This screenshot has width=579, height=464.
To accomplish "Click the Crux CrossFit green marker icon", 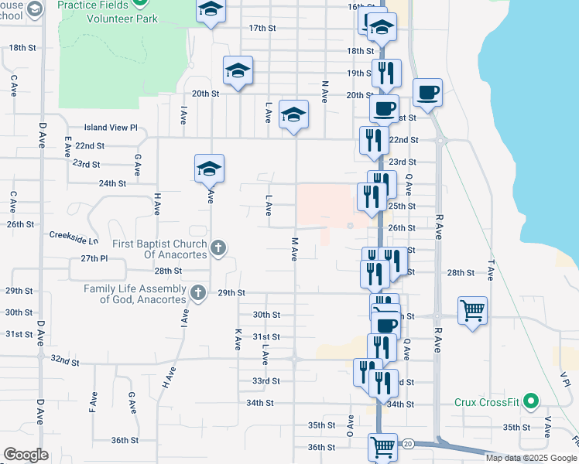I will click(x=530, y=401).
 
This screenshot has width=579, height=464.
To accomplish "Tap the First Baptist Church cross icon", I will click(x=218, y=248).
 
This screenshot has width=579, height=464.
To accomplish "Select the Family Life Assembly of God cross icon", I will click(x=198, y=293).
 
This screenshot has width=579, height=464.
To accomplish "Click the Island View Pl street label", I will click(x=111, y=128).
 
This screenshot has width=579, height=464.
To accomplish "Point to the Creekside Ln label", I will click(x=74, y=234).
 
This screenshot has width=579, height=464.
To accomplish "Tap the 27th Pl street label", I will click(x=92, y=258).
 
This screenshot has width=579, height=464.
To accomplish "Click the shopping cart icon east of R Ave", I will click(x=472, y=311).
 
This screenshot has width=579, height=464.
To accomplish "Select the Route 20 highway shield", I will click(x=408, y=443).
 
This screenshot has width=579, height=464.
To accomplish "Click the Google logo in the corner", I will click(x=26, y=455).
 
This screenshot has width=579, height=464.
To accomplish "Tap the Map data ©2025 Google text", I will click(x=531, y=458).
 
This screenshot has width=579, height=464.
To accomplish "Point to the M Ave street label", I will click(x=295, y=248).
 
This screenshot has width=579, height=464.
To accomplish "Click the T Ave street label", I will click(x=491, y=270).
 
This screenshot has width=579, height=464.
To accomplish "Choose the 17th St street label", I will click(x=262, y=28).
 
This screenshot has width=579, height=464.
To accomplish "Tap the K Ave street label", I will click(x=238, y=338).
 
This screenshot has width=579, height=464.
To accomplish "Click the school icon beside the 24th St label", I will click(x=209, y=168).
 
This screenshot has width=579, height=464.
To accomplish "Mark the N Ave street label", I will click(x=324, y=90).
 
